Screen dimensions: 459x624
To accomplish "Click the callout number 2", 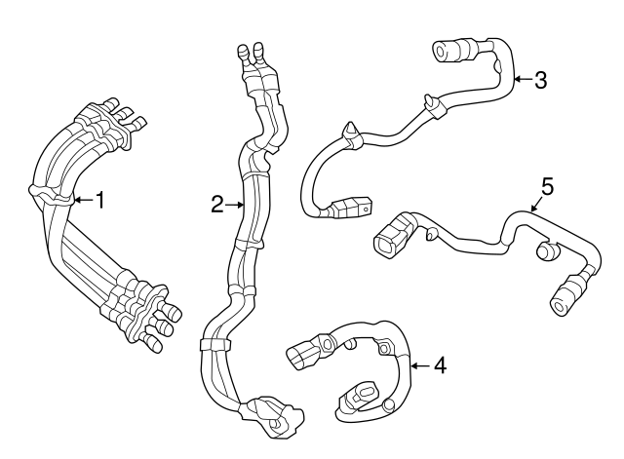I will click(216, 205).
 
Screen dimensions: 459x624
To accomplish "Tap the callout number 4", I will click(440, 365).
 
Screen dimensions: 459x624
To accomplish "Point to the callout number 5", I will click(547, 185).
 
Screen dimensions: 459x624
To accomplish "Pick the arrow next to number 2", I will click(235, 205).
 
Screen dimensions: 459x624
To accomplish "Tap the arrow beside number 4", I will click(420, 365).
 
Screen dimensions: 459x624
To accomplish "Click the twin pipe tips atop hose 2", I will click(249, 55).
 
